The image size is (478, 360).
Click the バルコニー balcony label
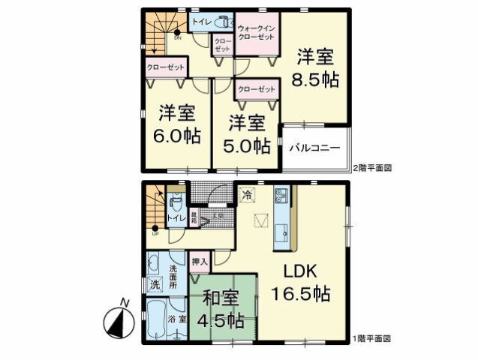[315, 148]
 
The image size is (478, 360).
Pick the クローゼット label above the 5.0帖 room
[255, 89]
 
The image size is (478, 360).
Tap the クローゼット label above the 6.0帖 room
[165, 66]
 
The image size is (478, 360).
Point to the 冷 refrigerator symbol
[248, 194]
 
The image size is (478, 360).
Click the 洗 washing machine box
[155, 284]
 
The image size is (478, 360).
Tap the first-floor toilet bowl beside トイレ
[176, 202]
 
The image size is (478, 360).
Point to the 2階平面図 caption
[372, 168]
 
